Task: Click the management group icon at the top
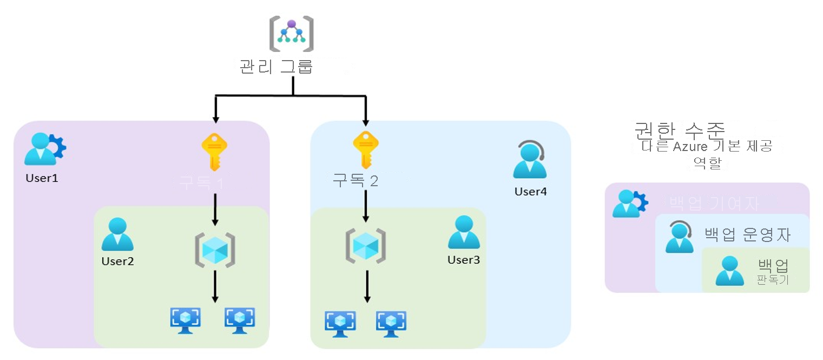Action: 292,35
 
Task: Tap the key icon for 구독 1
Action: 214,152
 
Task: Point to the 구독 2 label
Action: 355,180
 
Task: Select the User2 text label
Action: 117,261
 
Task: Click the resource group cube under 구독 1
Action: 215,250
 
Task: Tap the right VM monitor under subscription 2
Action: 391,323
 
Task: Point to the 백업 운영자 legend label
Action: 747,235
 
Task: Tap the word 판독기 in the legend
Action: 773,280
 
